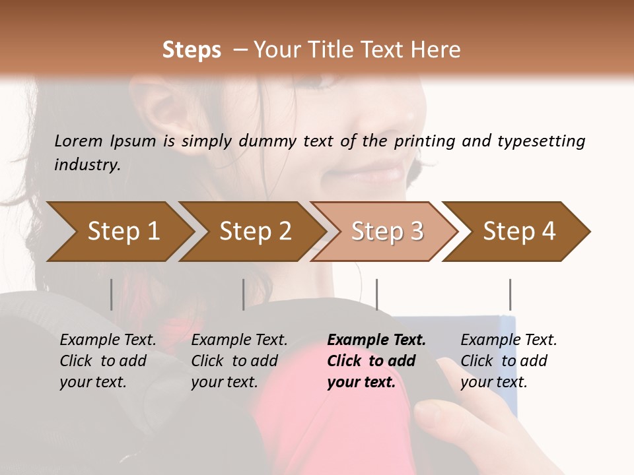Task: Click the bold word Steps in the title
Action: (x=192, y=50)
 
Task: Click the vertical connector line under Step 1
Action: (x=112, y=294)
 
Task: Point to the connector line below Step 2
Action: (x=244, y=294)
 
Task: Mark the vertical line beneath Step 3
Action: (x=376, y=294)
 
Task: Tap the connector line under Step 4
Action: (x=510, y=294)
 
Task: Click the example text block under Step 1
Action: (x=108, y=361)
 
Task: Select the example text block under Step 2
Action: (x=239, y=361)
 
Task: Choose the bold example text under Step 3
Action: (x=376, y=361)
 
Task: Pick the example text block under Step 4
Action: (x=509, y=361)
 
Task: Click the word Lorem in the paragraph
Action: (x=79, y=141)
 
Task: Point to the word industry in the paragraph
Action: (x=87, y=164)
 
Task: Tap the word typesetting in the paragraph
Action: (x=541, y=141)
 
